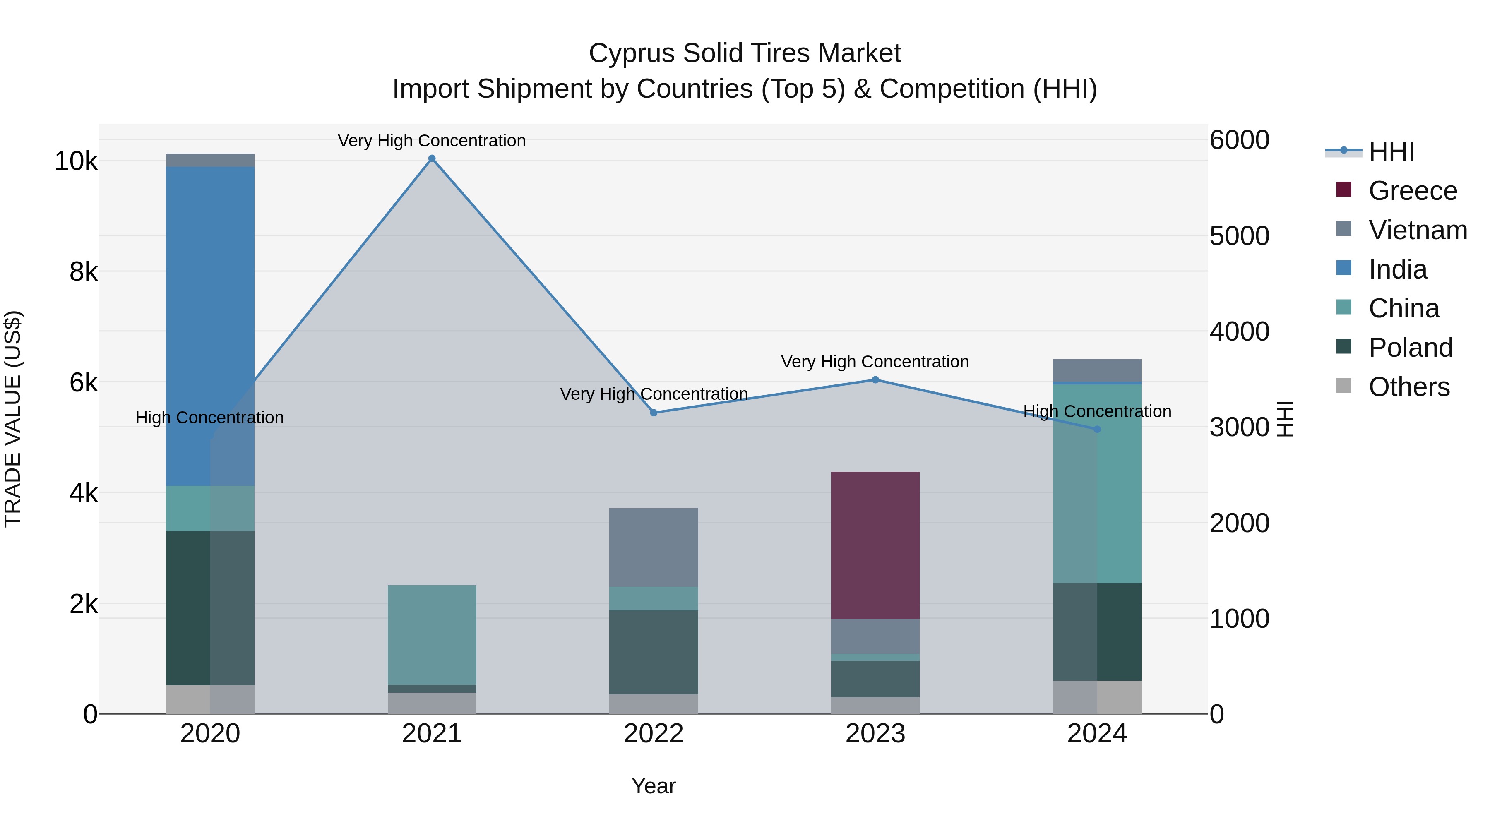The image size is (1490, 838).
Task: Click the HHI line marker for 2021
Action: pyautogui.click(x=432, y=158)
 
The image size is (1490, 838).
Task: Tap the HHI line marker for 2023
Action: pyautogui.click(x=875, y=380)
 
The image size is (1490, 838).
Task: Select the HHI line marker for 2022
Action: pyautogui.click(x=654, y=413)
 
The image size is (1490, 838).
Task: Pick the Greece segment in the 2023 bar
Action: pyautogui.click(x=875, y=545)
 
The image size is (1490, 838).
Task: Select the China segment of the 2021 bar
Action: pyautogui.click(x=432, y=635)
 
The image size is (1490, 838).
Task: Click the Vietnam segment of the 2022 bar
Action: pyautogui.click(x=654, y=547)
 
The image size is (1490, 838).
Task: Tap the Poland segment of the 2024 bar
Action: pyautogui.click(x=1097, y=632)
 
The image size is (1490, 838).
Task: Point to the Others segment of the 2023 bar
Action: pyautogui.click(x=875, y=705)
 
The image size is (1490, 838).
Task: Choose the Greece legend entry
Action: pyautogui.click(x=1412, y=191)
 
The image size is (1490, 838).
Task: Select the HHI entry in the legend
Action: pyautogui.click(x=1391, y=151)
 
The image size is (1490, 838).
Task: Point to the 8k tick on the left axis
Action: pyautogui.click(x=83, y=272)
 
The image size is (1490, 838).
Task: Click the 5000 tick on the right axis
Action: pyautogui.click(x=1239, y=236)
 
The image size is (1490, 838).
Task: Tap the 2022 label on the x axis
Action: pyautogui.click(x=654, y=734)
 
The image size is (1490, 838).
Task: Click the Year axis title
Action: pyautogui.click(x=654, y=786)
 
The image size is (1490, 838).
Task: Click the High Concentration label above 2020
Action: pyautogui.click(x=209, y=418)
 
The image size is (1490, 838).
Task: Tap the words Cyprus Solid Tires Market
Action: pyautogui.click(x=745, y=53)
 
